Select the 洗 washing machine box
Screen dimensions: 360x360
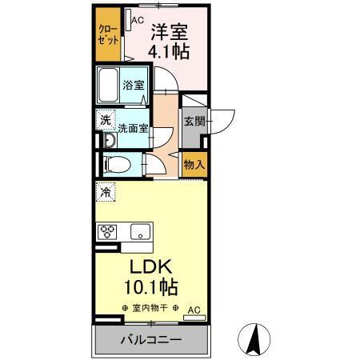tap(106, 120)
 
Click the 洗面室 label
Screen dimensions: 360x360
tap(133, 127)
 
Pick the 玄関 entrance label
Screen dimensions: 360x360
tap(194, 121)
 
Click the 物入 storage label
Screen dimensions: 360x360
tap(194, 165)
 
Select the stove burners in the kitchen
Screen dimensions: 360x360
tap(107, 233)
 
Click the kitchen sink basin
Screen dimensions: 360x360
tap(139, 233)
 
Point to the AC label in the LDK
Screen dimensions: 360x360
tap(194, 309)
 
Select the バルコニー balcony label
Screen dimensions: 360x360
tap(150, 339)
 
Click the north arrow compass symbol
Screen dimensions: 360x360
tap(254, 339)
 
